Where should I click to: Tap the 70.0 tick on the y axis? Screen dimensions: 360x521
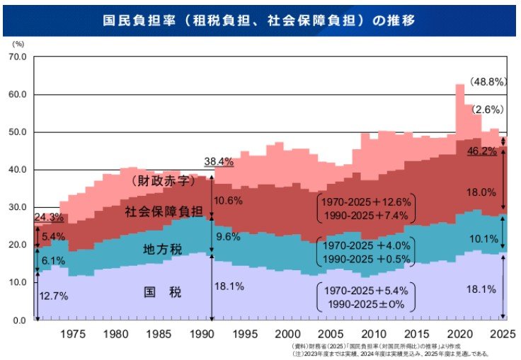(x=16, y=57)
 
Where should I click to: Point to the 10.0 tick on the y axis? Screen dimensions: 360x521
(x=16, y=283)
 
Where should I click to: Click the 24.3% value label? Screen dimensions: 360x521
(x=47, y=217)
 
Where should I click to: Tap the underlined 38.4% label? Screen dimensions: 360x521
(x=219, y=161)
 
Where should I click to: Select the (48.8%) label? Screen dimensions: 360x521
(x=488, y=82)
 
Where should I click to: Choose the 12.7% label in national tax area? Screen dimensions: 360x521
(x=54, y=296)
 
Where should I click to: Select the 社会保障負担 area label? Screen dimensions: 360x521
(x=164, y=211)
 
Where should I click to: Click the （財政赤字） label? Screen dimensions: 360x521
(x=163, y=181)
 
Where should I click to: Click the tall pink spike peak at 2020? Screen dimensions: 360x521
(x=459, y=86)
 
